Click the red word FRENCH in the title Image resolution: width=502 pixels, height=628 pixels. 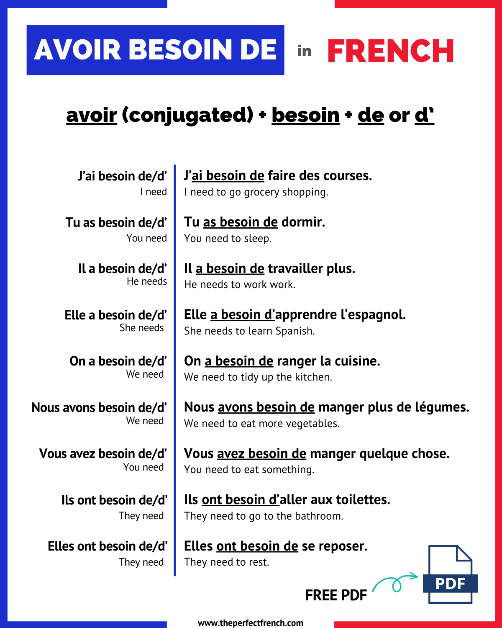[x=390, y=51]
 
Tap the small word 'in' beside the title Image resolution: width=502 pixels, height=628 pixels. [x=305, y=51]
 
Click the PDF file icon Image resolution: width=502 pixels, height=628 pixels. [x=450, y=574]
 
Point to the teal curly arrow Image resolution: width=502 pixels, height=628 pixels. [x=395, y=582]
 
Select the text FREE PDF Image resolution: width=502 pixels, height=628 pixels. [x=336, y=595]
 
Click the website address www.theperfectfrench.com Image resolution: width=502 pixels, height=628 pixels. [x=250, y=623]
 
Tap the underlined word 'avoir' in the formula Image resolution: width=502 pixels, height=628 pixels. [x=92, y=115]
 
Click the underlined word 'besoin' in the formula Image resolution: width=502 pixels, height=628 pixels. [x=305, y=115]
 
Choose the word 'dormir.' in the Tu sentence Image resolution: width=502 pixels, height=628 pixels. [x=303, y=222]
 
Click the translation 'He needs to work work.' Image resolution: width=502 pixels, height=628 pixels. [x=240, y=285]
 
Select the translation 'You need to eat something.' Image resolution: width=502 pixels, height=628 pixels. [x=249, y=470]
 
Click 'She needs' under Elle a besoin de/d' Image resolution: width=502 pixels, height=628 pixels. [x=141, y=328]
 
